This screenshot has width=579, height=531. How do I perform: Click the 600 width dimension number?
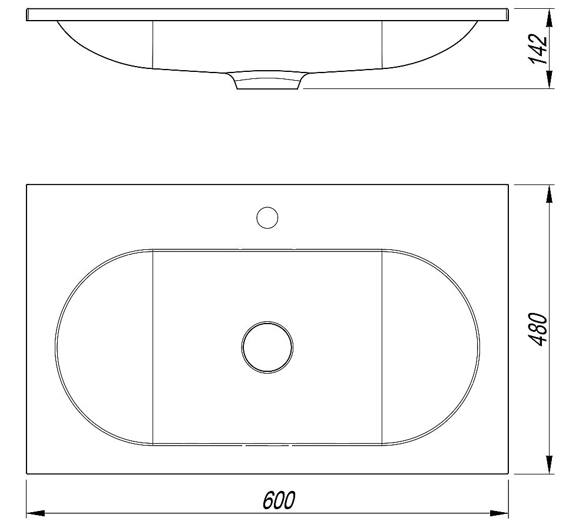click(279, 500)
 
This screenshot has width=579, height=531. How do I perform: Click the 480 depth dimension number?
click(537, 329)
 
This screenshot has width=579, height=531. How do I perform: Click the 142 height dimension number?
click(537, 49)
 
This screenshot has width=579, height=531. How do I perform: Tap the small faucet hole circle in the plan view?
click(267, 217)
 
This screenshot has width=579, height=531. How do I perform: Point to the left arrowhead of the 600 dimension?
click(35, 513)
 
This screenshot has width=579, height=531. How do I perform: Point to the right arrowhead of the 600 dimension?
click(499, 513)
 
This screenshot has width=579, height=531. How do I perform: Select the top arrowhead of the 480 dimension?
click(550, 194)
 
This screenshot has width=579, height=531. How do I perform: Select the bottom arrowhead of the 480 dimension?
click(550, 464)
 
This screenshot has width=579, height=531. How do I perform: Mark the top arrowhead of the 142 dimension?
click(550, 18)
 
